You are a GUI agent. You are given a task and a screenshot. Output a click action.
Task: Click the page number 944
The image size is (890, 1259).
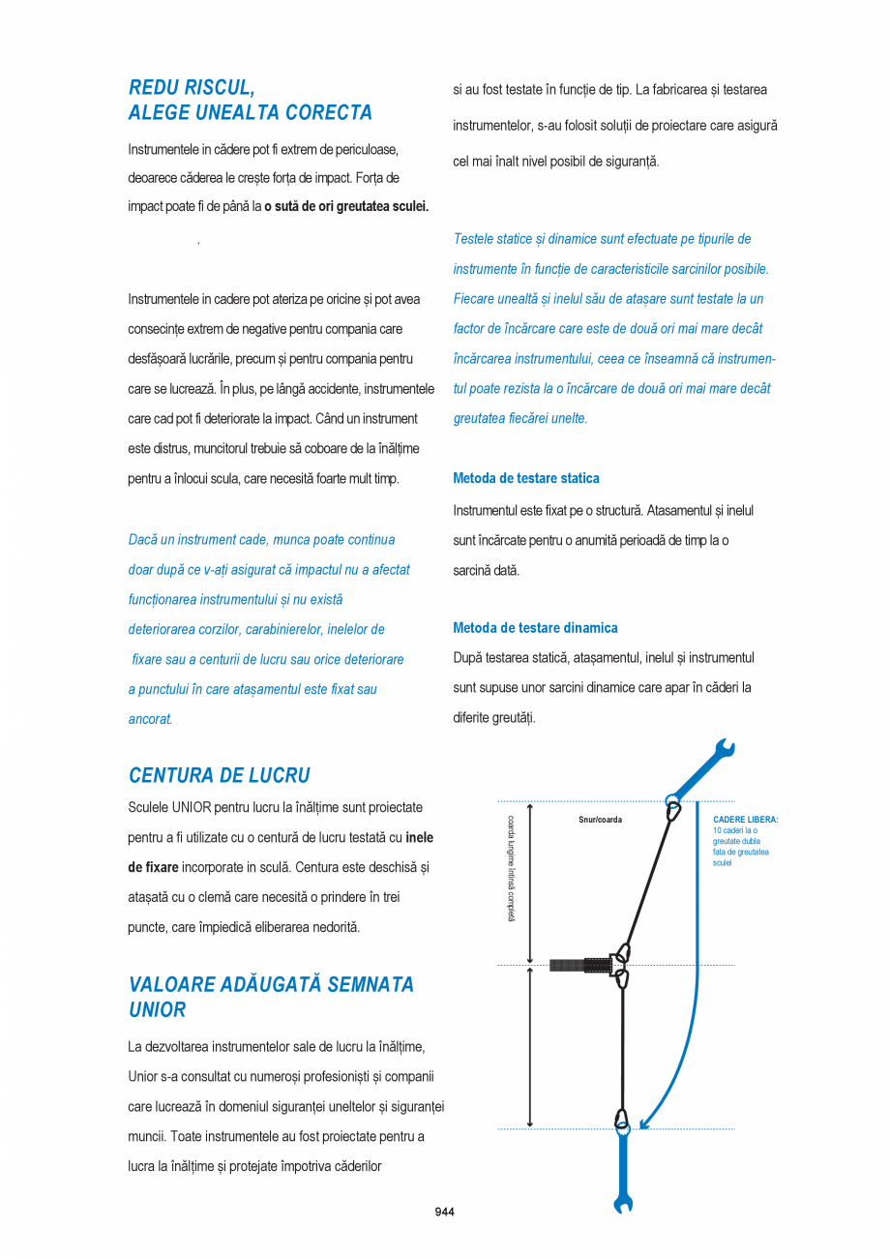[444, 1212]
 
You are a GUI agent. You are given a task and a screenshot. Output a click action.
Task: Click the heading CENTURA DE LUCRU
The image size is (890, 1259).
[220, 775]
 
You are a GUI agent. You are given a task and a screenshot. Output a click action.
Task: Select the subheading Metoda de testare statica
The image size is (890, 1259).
[526, 478]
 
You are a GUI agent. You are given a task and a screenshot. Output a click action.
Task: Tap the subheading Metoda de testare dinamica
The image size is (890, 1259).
[535, 628]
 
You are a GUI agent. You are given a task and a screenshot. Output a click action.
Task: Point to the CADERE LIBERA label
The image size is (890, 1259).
[745, 820]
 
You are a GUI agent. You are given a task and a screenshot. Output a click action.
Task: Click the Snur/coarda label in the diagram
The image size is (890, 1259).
[600, 820]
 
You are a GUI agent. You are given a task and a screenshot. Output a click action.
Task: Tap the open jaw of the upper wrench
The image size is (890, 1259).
[725, 748]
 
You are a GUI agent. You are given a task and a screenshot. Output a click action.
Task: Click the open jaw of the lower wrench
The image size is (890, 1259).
[623, 1205]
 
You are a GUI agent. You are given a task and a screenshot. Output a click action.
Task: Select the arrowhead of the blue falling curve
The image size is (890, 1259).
[644, 1123]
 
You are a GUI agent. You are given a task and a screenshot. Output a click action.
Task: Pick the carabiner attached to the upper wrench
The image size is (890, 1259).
[670, 808]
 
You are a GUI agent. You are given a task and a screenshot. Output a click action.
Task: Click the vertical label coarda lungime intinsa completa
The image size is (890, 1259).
[511, 868]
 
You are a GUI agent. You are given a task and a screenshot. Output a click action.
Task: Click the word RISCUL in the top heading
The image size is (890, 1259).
[219, 88]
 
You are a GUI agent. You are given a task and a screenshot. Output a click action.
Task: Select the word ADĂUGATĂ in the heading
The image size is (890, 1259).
[273, 984]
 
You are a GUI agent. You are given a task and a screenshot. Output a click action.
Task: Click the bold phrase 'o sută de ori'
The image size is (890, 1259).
[299, 206]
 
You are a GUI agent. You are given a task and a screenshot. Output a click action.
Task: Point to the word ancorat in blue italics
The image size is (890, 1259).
[150, 719]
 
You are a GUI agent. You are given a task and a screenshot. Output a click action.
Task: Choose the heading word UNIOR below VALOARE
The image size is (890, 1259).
[157, 1009]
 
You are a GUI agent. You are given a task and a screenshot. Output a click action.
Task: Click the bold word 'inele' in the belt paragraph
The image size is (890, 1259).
[419, 837]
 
